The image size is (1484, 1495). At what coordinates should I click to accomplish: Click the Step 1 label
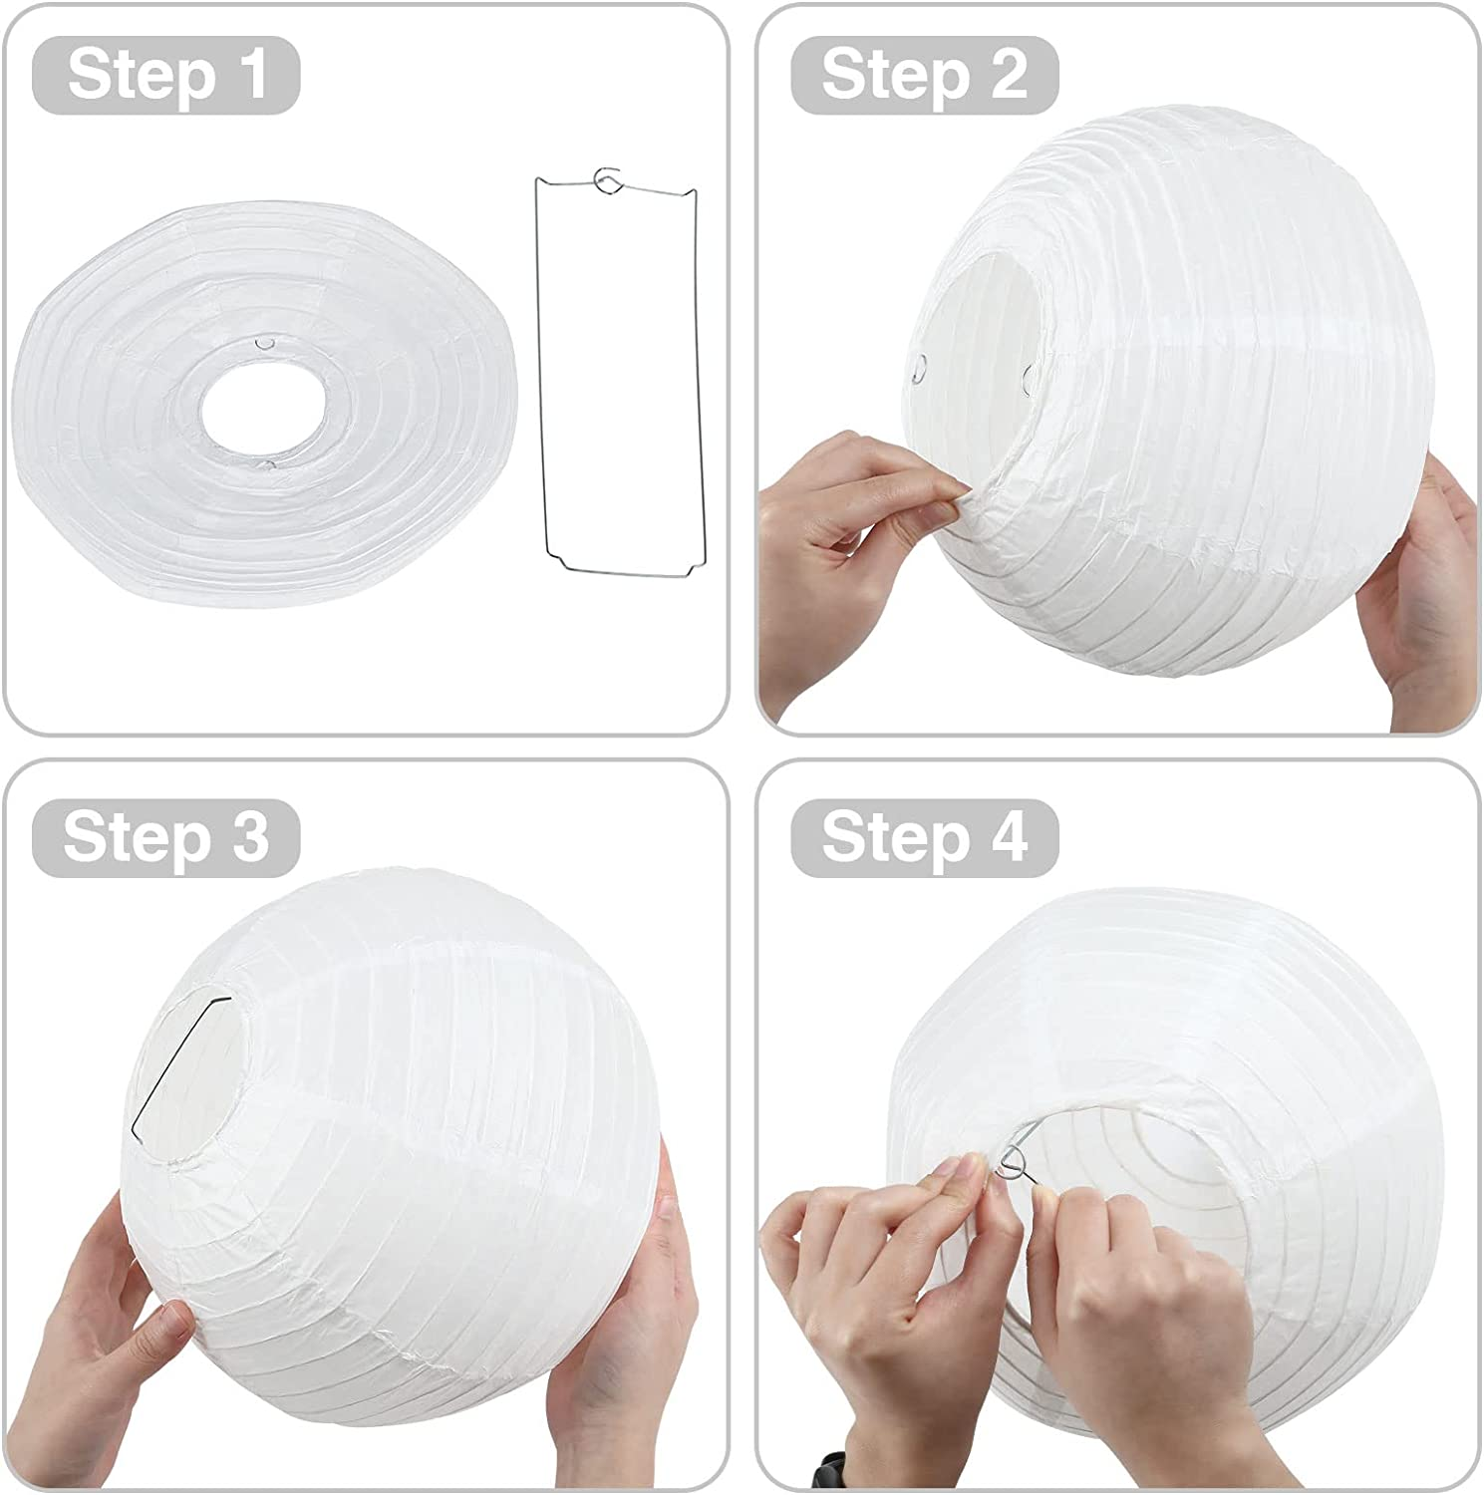coord(166,75)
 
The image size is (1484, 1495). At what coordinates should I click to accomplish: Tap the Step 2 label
coord(924,75)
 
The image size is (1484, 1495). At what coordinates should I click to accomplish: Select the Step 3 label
coord(166,836)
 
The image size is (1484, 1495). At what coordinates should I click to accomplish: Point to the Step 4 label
coord(924,836)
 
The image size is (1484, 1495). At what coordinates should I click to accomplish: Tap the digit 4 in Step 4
coord(1009,836)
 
